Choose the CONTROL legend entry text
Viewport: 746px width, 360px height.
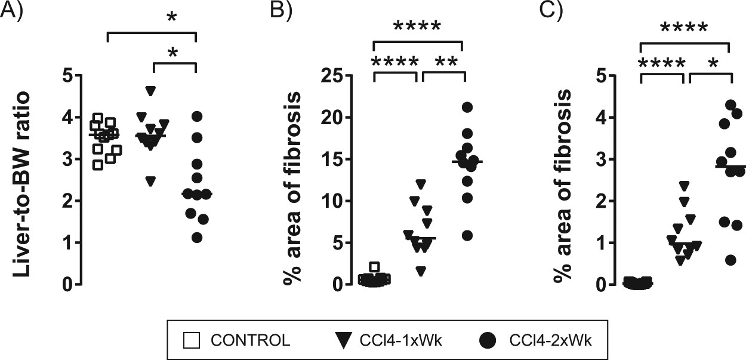coord(250,340)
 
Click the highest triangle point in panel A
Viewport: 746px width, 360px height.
coord(151,91)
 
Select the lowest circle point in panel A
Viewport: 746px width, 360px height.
coord(198,238)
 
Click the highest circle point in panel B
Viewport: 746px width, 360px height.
coord(467,107)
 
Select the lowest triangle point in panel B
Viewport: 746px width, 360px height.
coord(421,272)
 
